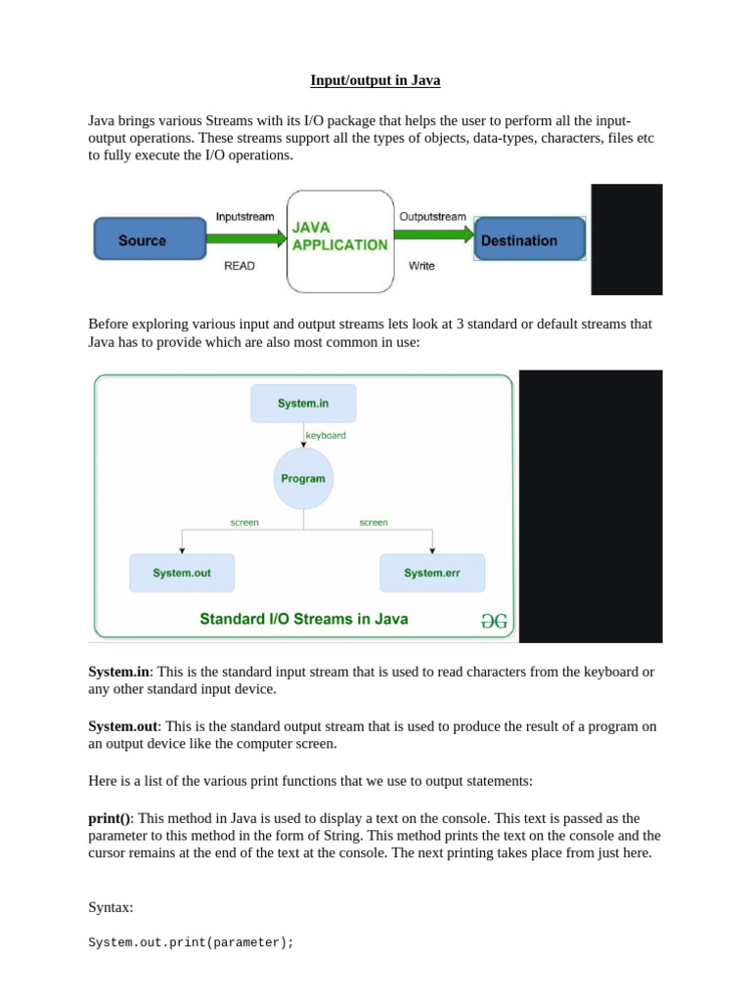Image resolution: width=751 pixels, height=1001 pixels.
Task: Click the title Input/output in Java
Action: tap(375, 80)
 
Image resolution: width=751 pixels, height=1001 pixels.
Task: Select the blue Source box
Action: tap(143, 240)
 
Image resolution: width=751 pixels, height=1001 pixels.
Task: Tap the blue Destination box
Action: tap(529, 240)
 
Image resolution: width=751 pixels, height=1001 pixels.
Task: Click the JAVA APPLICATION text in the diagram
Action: tap(339, 236)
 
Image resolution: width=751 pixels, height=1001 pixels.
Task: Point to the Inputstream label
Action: tap(244, 216)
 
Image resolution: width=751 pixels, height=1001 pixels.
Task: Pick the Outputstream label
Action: tap(431, 216)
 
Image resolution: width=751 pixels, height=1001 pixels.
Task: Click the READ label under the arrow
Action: tap(240, 266)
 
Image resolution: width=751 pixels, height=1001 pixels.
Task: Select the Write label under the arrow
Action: tap(421, 266)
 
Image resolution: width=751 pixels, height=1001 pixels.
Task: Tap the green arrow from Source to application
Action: tap(246, 238)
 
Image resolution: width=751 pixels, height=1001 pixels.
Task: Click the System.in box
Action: tap(303, 404)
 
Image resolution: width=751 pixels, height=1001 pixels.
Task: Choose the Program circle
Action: tap(303, 479)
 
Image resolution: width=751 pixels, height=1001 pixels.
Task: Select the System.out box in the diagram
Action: tap(182, 573)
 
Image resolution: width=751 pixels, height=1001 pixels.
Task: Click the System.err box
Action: tap(432, 573)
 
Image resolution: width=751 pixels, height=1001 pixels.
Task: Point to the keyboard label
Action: tap(326, 435)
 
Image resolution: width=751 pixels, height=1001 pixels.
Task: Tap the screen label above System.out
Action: tap(244, 523)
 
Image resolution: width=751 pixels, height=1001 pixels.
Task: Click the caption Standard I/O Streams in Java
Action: tap(304, 619)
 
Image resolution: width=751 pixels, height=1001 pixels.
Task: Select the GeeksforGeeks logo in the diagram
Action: tap(494, 620)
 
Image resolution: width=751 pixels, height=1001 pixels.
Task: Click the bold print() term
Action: tap(110, 818)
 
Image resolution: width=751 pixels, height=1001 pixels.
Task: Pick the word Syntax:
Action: tap(110, 907)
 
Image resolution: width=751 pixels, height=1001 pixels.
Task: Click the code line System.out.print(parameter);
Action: tap(191, 942)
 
